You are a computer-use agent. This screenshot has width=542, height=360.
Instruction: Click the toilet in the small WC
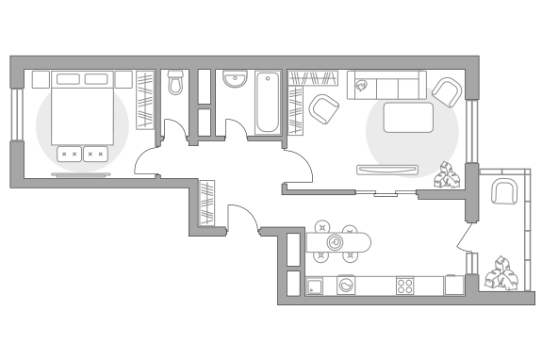click(x=174, y=85)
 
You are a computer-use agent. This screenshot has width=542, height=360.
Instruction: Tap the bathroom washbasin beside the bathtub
click(x=235, y=82)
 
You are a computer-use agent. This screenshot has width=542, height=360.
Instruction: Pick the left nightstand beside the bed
click(x=41, y=79)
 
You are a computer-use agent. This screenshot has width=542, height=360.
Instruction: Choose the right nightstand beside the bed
click(x=123, y=79)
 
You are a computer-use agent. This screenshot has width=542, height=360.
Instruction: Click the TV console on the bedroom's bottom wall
click(x=82, y=175)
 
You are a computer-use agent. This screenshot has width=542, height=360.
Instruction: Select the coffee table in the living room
click(x=408, y=119)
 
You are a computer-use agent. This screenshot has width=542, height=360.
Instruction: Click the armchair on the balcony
click(x=504, y=194)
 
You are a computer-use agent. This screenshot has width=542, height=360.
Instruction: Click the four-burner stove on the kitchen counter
click(x=405, y=286)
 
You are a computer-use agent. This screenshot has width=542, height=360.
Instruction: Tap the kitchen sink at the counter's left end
click(x=317, y=286)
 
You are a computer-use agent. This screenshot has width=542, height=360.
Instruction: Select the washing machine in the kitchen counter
click(x=346, y=285)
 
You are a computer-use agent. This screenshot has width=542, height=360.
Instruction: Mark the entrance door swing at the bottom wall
click(x=242, y=219)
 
